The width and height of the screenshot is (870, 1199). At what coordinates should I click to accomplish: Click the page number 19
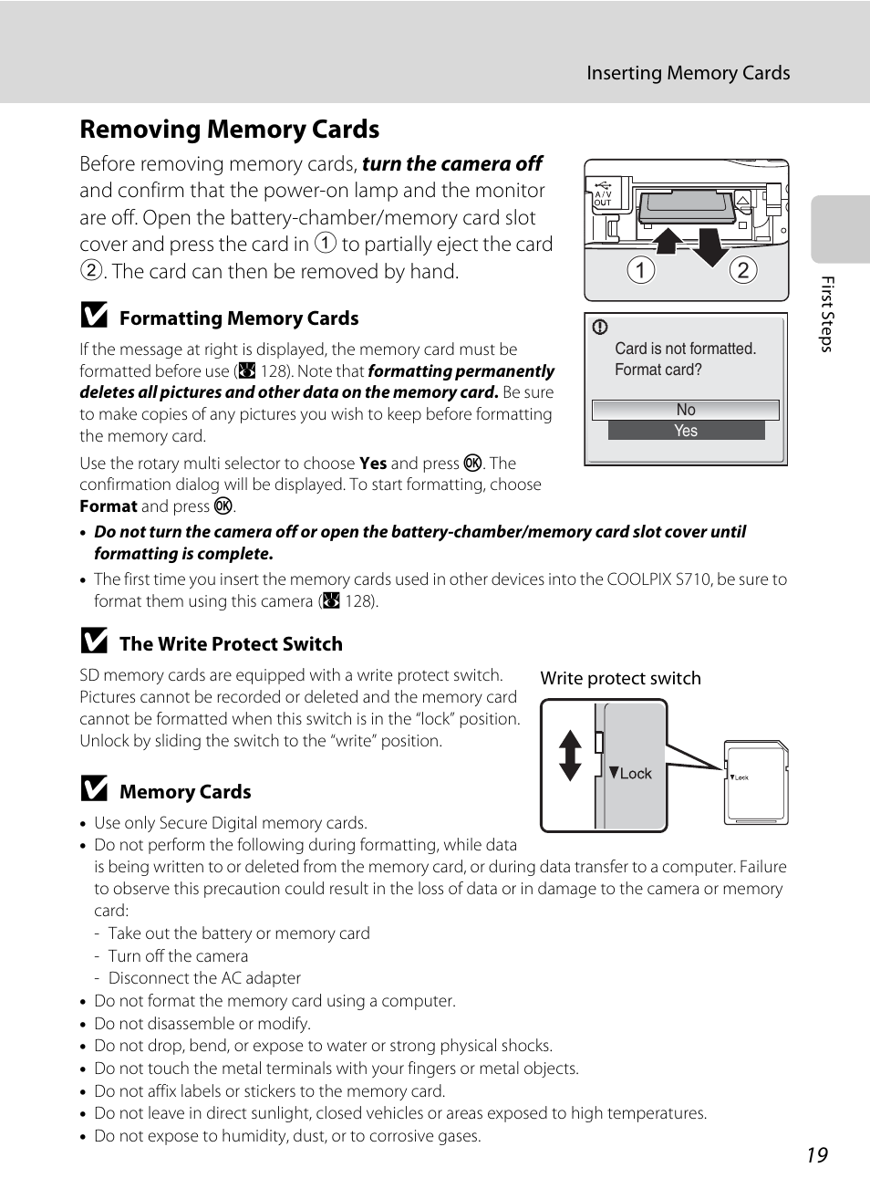click(x=816, y=1155)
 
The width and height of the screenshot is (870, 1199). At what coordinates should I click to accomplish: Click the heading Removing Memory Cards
click(x=230, y=130)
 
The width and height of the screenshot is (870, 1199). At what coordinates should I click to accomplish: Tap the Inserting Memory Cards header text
click(x=688, y=73)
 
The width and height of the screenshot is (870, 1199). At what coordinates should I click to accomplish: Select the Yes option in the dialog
click(x=686, y=431)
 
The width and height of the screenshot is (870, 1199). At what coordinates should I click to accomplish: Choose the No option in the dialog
click(x=686, y=410)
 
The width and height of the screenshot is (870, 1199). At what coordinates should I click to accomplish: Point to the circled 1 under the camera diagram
click(x=641, y=270)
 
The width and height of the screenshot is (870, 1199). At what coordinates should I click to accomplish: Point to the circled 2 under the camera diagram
click(x=743, y=270)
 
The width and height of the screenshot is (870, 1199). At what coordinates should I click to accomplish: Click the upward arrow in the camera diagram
click(x=668, y=240)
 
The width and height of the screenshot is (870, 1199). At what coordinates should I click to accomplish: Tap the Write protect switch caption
click(x=620, y=678)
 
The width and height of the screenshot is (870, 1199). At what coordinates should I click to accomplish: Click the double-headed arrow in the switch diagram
click(x=570, y=756)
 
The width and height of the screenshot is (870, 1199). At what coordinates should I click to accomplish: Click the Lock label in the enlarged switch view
click(x=635, y=774)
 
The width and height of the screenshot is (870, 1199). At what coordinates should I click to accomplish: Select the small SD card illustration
click(x=756, y=783)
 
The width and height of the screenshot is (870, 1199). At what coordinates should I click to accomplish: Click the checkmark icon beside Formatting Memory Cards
click(x=94, y=316)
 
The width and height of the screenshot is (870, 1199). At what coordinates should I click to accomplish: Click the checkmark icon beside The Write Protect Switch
click(x=94, y=641)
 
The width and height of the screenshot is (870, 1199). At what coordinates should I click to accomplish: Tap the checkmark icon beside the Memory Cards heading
click(x=94, y=789)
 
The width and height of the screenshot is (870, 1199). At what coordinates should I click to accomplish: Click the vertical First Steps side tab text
click(x=826, y=314)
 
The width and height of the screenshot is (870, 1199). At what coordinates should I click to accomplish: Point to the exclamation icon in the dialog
click(x=600, y=328)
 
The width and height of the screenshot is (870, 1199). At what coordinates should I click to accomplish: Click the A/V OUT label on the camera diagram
click(x=603, y=198)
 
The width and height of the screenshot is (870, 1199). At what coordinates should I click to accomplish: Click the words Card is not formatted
click(x=685, y=349)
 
